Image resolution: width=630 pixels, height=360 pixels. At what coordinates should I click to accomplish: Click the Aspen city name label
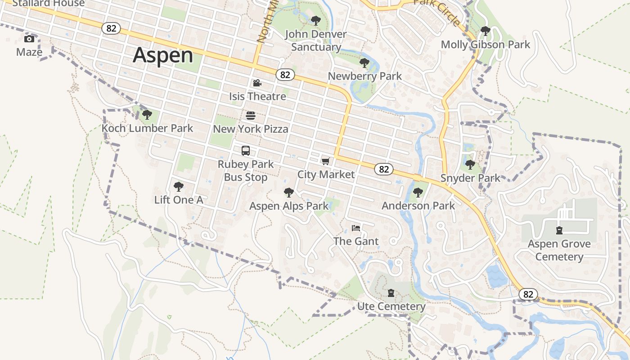163,55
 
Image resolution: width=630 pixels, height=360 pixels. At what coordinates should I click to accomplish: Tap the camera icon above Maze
29,39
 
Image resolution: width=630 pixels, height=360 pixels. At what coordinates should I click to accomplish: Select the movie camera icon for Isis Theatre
257,83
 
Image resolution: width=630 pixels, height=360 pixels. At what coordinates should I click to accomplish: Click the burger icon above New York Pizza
251,116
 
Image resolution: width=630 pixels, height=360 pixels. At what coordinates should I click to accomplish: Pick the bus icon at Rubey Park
245,151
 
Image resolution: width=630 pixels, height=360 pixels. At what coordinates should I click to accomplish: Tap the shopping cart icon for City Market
326,161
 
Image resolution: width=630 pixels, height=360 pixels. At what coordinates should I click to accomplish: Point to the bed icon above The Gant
356,228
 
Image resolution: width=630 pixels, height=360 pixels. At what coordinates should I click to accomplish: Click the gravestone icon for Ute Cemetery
391,293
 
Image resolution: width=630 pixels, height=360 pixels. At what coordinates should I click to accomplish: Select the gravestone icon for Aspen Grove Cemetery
559,230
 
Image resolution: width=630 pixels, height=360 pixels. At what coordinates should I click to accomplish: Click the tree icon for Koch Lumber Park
147,115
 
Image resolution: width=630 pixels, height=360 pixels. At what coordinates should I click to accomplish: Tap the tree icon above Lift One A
179,186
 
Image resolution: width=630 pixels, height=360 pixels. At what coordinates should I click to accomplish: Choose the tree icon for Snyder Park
470,165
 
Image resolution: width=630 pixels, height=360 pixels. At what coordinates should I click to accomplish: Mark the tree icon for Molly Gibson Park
485,31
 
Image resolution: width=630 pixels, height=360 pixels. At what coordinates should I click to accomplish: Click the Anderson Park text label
418,206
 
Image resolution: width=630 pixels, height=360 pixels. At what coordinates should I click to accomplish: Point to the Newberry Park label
364,76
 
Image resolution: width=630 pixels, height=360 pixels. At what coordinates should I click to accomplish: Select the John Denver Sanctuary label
316,40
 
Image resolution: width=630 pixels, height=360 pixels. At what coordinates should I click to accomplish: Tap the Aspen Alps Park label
289,206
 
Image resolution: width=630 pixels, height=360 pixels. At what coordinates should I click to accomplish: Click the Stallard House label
49,3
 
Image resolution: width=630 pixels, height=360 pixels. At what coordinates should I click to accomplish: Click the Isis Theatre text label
257,96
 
